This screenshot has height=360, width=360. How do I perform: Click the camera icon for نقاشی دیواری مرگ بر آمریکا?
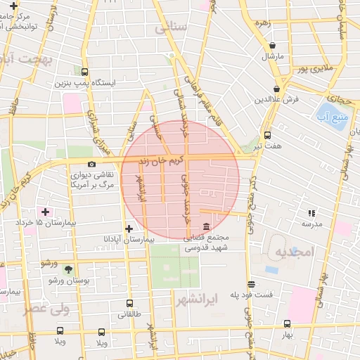coord(91,164)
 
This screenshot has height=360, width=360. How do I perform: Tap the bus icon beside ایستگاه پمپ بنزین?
coord(85,72)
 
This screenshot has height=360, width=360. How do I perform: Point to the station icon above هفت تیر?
coord(267,135)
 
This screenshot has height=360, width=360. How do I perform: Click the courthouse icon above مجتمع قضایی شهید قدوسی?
coord(205,227)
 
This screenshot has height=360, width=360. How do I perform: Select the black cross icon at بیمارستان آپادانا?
coord(129,229)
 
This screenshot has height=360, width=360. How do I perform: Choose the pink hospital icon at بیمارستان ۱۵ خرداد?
coord(46,212)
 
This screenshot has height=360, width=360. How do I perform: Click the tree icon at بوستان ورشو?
coord(68,269)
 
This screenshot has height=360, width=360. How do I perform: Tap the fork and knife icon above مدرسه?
coord(311,213)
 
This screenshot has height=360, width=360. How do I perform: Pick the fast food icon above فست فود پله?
coord(252,285)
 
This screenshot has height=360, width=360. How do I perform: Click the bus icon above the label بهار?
coord(286,323)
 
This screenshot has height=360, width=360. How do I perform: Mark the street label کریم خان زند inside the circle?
coord(160,160)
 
